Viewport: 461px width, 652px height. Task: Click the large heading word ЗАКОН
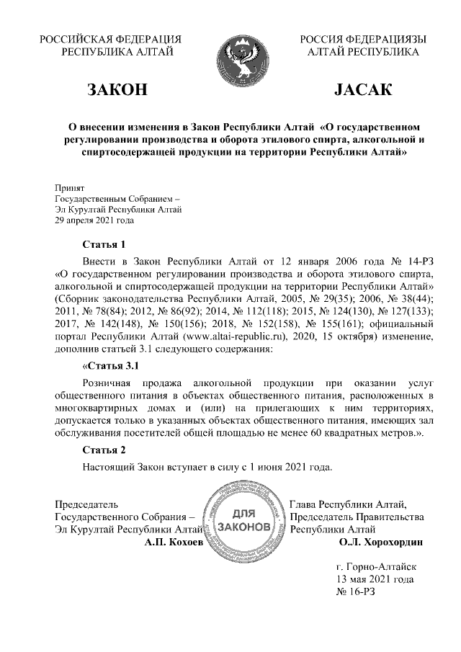tap(117, 91)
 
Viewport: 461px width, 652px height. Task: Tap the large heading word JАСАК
tap(362, 91)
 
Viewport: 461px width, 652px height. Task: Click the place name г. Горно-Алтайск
tap(376, 566)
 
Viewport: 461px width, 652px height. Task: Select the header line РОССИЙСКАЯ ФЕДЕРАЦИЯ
tap(110, 39)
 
